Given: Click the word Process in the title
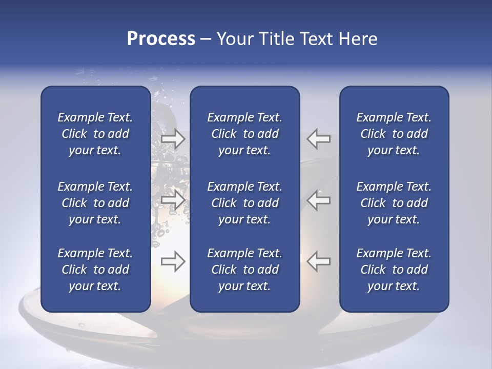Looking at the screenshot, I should [x=161, y=39].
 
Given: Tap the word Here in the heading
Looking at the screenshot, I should [x=358, y=39].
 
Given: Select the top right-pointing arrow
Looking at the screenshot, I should [x=173, y=139].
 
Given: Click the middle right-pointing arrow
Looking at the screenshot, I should [x=173, y=200].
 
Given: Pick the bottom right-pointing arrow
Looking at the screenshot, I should [x=173, y=261].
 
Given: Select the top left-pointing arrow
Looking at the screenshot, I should [x=319, y=139].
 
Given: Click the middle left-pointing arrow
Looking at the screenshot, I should [x=319, y=200].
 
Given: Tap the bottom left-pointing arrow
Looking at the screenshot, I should [x=319, y=261].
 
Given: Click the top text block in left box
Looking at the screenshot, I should [x=95, y=134].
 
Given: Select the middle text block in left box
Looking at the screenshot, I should [x=95, y=203].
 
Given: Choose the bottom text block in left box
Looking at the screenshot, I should [x=95, y=270].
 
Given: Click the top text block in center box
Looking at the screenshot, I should [x=244, y=134].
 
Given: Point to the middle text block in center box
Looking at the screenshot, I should [x=244, y=203].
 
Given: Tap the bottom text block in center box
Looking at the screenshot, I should [x=244, y=270].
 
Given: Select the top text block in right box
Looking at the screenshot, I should [x=394, y=134].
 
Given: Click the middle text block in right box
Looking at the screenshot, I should [x=394, y=203].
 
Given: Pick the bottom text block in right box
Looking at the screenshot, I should [x=394, y=270].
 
